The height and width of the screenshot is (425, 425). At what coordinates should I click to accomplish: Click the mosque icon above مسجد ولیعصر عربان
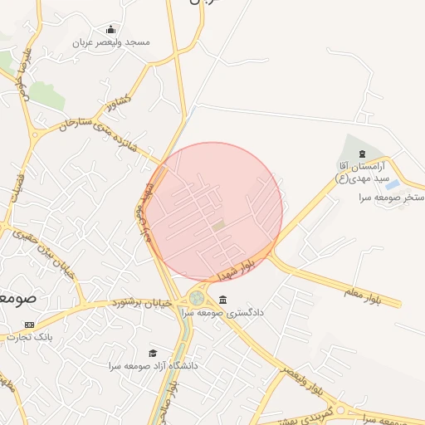pos(110,30)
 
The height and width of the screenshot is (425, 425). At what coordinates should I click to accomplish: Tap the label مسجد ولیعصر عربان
pos(110,42)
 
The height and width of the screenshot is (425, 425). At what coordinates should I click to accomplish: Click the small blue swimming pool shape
pos(392,183)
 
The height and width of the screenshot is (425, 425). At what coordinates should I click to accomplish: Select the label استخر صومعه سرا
pos(391,198)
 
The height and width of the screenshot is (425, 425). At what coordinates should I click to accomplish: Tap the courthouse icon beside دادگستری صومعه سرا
pos(222,300)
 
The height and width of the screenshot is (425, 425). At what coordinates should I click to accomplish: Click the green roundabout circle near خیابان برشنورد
pos(197,297)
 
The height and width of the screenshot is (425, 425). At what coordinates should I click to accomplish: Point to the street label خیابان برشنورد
pos(142,304)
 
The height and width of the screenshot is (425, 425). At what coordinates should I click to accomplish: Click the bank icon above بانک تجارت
pos(31,324)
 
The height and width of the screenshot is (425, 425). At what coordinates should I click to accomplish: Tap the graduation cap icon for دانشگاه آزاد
pos(152,353)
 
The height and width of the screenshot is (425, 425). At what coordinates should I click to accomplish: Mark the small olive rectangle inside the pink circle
pos(218,225)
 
